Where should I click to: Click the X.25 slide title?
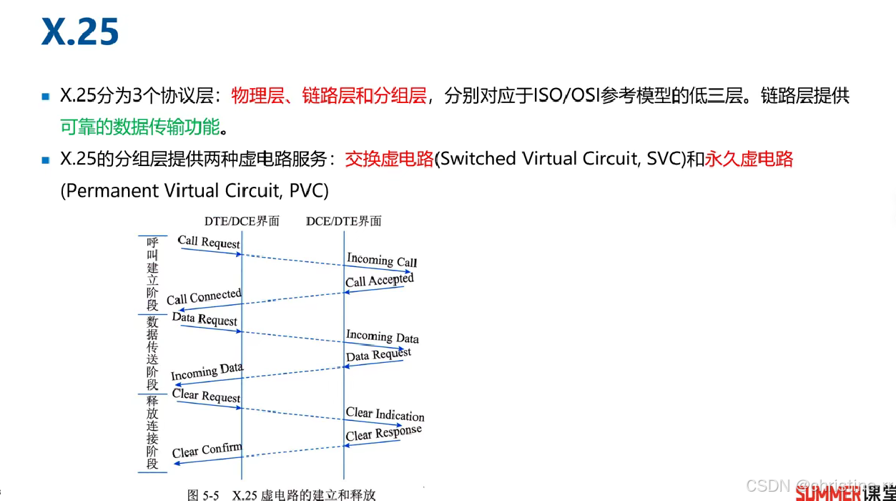[79, 32]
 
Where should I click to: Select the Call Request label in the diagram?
[209, 242]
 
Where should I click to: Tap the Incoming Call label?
[382, 260]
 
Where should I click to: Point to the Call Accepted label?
[379, 281]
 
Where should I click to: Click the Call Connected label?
[204, 297]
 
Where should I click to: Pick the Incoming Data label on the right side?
[382, 336]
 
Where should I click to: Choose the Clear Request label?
[206, 396]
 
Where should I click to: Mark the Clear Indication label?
[385, 414]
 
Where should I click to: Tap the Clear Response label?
[383, 434]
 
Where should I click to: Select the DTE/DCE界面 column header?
[242, 221]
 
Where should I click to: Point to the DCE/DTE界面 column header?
[343, 221]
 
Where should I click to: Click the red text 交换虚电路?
[389, 159]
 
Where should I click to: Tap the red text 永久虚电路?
[749, 159]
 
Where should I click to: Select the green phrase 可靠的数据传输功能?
[139, 127]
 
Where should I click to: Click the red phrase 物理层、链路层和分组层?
[328, 96]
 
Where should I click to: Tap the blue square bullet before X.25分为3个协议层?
[46, 97]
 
